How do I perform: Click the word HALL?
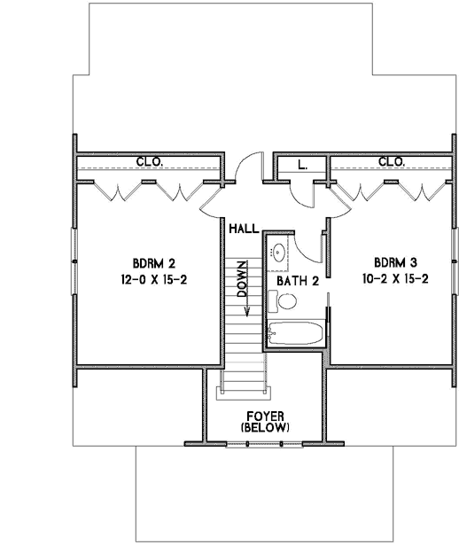[243, 229]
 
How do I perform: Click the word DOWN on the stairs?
[242, 282]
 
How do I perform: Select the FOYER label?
[266, 415]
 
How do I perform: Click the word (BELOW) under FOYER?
[266, 427]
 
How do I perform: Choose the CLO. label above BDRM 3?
[392, 162]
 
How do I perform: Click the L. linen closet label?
[302, 164]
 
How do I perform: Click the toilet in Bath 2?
[286, 301]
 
